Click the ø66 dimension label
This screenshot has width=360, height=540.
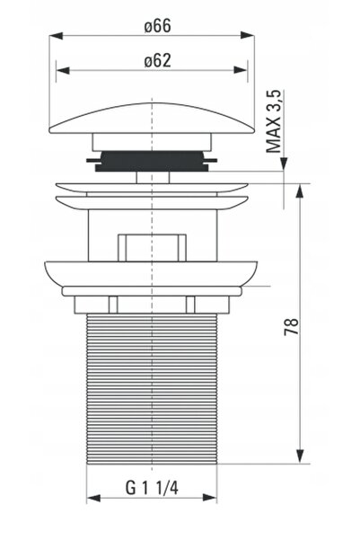click(x=157, y=26)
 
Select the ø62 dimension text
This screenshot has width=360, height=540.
click(x=157, y=60)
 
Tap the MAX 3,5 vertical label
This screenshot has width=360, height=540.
click(x=274, y=121)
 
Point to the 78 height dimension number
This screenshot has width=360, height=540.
click(x=291, y=326)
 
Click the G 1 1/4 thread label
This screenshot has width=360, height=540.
click(x=152, y=488)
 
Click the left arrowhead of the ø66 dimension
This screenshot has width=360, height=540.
click(x=56, y=35)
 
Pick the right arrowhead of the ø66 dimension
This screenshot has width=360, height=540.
click(x=248, y=35)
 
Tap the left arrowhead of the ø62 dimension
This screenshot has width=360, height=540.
click(x=63, y=70)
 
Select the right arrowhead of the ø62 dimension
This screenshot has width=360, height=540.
click(x=241, y=70)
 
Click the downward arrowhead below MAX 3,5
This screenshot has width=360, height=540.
click(x=284, y=164)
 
